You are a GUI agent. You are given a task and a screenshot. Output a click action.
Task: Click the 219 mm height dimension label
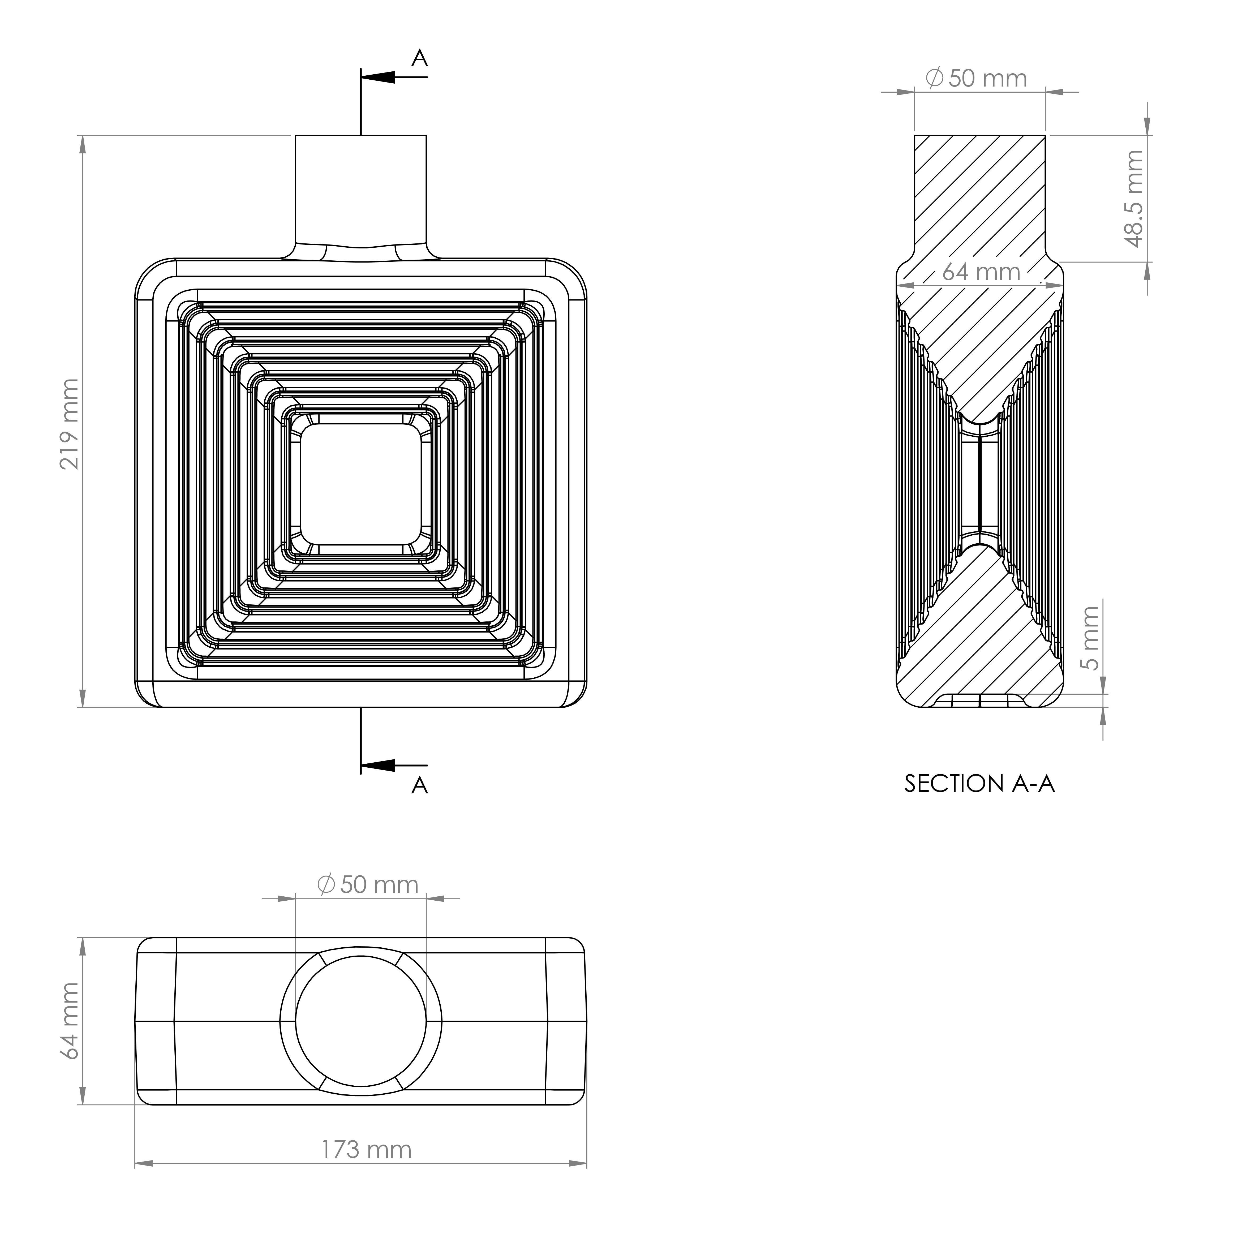[x=69, y=424]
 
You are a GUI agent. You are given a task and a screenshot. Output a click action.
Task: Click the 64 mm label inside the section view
[x=981, y=272]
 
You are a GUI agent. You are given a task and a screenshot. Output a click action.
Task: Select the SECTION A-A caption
[x=979, y=784]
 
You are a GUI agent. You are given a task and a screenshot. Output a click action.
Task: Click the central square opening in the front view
[x=361, y=484]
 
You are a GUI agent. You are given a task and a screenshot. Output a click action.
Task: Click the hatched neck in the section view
[x=980, y=192]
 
